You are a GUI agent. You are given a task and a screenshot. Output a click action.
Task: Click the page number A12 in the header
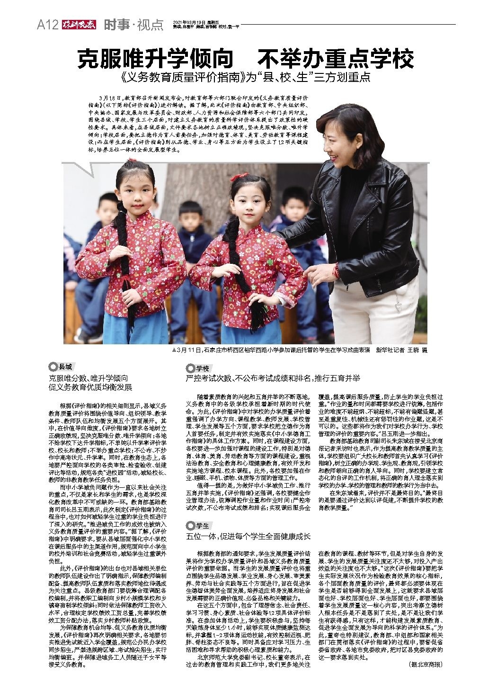click(x=47, y=25)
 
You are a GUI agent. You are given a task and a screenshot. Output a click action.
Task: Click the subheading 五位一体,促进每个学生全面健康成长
click(x=248, y=536)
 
